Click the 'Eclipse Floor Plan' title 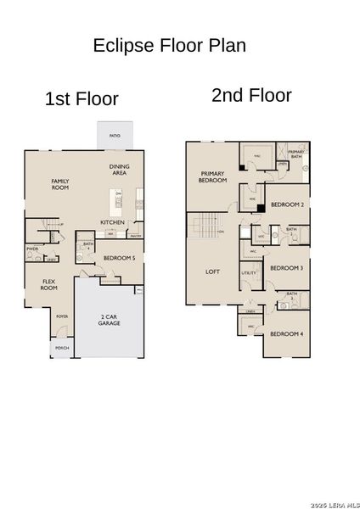click(170, 46)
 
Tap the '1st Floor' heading click(82, 99)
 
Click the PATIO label click(115, 136)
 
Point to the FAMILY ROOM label click(60, 184)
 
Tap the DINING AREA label click(119, 169)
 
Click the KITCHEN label click(113, 222)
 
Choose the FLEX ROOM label click(49, 284)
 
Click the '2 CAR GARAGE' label click(109, 320)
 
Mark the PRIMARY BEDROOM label click(212, 176)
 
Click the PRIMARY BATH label click(295, 154)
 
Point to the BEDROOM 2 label click(287, 205)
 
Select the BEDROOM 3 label click(286, 269)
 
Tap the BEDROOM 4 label click(286, 333)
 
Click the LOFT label click(213, 272)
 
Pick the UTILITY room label click(249, 273)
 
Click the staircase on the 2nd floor click(205, 227)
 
